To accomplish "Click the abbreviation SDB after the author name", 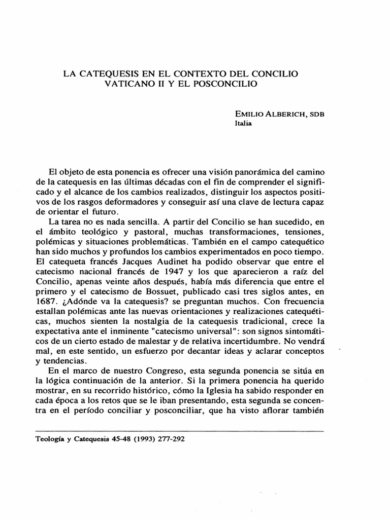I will tap(315, 115).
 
